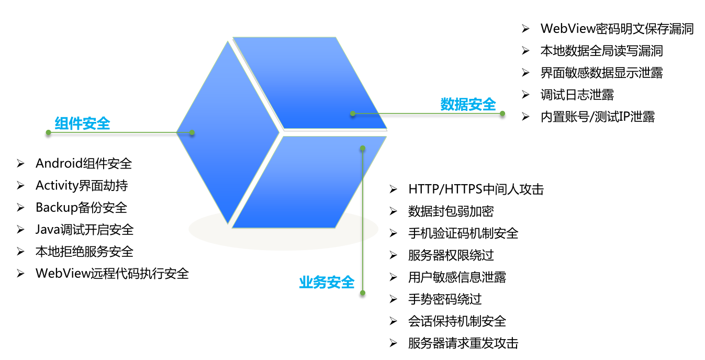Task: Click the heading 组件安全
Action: [x=82, y=123]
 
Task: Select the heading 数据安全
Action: [x=468, y=105]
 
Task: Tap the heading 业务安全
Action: [x=327, y=283]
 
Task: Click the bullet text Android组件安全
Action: [x=84, y=164]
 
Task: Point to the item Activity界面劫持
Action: [x=82, y=186]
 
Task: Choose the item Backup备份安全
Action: [x=81, y=208]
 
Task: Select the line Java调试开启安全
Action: [x=84, y=230]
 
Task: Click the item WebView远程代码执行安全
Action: [x=112, y=273]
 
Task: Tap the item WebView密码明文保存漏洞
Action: [x=617, y=29]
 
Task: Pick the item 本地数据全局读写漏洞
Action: [x=601, y=51]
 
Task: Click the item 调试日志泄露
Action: [x=577, y=95]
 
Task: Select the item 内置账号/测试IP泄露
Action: [x=597, y=117]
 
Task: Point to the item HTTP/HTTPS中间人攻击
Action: [x=476, y=189]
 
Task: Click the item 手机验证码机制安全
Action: [x=463, y=233]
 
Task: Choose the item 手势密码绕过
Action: [x=445, y=299]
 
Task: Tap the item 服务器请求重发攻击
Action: [x=463, y=343]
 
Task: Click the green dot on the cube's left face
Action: [x=192, y=132]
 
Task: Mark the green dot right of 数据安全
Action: [x=502, y=114]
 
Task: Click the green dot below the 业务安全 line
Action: [x=363, y=293]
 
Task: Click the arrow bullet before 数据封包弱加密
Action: [x=394, y=211]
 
